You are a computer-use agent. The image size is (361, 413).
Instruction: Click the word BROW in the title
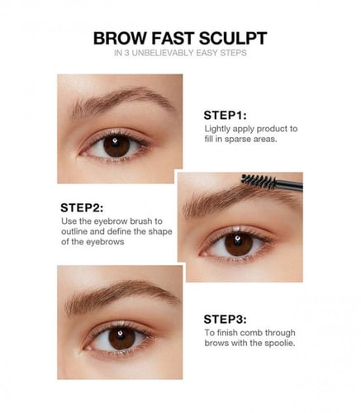[x=121, y=38]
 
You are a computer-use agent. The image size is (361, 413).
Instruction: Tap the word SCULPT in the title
[x=233, y=38]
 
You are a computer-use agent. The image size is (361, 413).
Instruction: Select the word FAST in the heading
[x=173, y=38]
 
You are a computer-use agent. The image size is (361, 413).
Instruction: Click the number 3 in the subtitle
[x=126, y=53]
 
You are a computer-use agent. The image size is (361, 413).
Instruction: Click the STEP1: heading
[x=225, y=116]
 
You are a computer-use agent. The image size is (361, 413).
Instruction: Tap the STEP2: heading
[x=82, y=208]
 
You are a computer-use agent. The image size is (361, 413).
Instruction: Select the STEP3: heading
[x=225, y=320]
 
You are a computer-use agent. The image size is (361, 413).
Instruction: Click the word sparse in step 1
[x=238, y=140]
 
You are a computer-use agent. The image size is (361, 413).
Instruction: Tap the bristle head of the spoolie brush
[x=258, y=181]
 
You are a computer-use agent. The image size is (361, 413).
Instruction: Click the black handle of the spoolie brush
[x=289, y=185]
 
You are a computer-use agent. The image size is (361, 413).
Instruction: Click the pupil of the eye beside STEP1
[x=116, y=145]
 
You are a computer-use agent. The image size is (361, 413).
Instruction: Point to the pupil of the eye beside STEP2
[x=239, y=244]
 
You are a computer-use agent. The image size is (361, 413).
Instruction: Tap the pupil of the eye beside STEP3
[x=121, y=338]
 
